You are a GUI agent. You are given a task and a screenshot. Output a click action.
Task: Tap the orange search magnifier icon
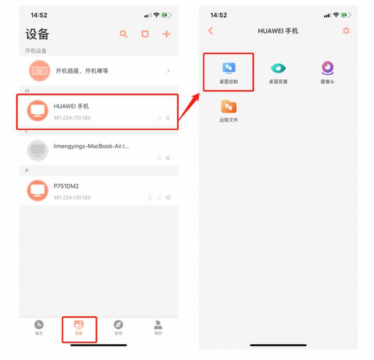tap(123, 34)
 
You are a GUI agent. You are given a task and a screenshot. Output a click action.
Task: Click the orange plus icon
tap(167, 34)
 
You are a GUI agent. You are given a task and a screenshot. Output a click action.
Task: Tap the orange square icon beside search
tap(145, 34)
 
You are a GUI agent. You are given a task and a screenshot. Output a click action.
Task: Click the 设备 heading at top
tap(37, 34)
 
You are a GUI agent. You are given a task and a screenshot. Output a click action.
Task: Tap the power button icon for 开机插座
tap(40, 71)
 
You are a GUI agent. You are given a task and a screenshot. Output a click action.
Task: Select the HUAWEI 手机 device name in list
tap(71, 106)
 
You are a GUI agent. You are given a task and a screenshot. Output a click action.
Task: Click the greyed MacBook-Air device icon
tap(38, 150)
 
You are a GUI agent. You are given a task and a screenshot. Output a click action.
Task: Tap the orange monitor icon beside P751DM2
tap(38, 190)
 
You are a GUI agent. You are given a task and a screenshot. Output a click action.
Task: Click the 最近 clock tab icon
tap(39, 324)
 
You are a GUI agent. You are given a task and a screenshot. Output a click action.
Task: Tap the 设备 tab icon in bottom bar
tap(78, 324)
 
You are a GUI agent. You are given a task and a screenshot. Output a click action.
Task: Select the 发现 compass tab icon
tap(118, 324)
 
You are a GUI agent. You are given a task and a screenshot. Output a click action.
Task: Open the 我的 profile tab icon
tap(158, 324)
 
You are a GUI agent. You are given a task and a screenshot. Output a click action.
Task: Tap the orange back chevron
tap(210, 31)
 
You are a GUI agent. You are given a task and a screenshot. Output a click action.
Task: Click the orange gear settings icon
tap(346, 31)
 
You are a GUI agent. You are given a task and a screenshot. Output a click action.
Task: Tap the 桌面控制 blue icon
tap(228, 68)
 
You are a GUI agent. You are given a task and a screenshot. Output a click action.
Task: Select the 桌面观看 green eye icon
tap(278, 68)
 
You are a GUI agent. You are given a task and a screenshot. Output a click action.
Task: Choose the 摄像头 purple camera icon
tap(328, 68)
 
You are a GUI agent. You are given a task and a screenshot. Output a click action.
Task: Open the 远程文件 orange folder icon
tap(228, 106)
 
